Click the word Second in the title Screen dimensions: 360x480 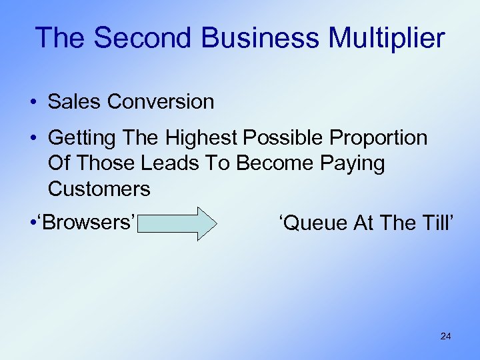click(138, 38)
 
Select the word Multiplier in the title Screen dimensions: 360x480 click(386, 38)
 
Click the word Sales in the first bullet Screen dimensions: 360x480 click(74, 101)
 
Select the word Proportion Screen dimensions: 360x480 click(381, 138)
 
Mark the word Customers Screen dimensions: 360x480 click(99, 189)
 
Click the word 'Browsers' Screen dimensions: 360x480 click(93, 221)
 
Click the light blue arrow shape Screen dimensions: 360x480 click(177, 223)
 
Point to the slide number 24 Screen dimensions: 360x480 click(445, 337)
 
